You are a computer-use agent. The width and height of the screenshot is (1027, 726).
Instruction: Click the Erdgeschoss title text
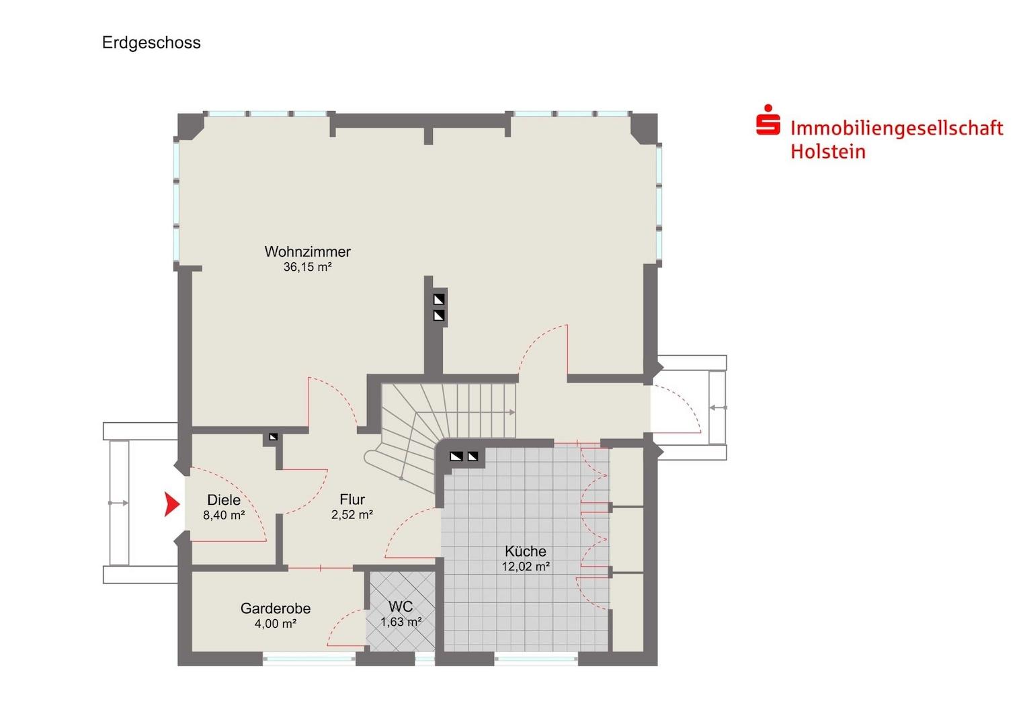151,43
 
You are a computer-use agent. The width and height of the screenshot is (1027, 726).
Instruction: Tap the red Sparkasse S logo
768,120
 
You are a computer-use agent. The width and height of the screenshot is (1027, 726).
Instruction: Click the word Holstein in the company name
828,152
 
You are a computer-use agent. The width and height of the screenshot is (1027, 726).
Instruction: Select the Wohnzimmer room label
307,251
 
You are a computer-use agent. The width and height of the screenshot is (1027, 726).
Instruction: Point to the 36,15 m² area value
307,267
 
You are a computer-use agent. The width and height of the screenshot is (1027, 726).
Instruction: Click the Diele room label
224,499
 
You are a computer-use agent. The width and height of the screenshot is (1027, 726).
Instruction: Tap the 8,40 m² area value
224,515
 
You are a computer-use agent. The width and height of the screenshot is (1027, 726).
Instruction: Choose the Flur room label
352,499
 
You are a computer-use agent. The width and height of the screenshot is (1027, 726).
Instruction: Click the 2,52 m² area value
352,514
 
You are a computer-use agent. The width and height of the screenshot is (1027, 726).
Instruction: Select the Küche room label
526,551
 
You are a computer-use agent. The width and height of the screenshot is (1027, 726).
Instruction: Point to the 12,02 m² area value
526,567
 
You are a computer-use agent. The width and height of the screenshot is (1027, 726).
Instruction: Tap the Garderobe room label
276,608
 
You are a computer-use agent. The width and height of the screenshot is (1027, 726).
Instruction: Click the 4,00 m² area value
276,624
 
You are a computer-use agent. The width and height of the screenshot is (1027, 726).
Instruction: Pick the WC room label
401,606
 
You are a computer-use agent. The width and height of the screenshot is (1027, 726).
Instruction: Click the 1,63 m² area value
401,622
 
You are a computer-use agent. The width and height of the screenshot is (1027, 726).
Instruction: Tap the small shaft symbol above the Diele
274,437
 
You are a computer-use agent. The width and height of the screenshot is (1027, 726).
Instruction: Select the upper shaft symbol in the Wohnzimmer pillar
439,300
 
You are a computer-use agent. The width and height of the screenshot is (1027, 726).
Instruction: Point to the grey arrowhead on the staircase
512,412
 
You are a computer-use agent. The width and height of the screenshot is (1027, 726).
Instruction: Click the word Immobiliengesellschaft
897,128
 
